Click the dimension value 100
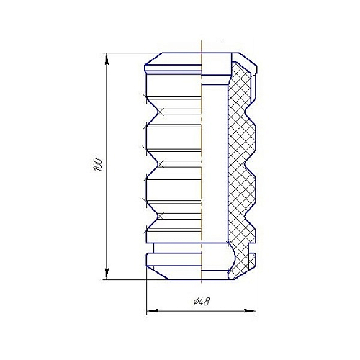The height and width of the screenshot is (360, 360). pos(99,164)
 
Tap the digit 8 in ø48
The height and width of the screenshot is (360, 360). pos(206,302)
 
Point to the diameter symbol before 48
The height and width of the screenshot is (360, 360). pos(195,302)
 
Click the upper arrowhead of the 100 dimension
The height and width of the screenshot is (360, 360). pos(107,59)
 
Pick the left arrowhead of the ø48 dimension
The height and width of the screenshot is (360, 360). pos(153,311)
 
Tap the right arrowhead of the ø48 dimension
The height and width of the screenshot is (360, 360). pos(250,311)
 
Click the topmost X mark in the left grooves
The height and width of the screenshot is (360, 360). pos(161,112)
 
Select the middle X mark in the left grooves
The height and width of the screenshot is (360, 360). pos(161,164)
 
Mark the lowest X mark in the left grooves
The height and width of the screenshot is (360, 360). pos(161,217)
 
